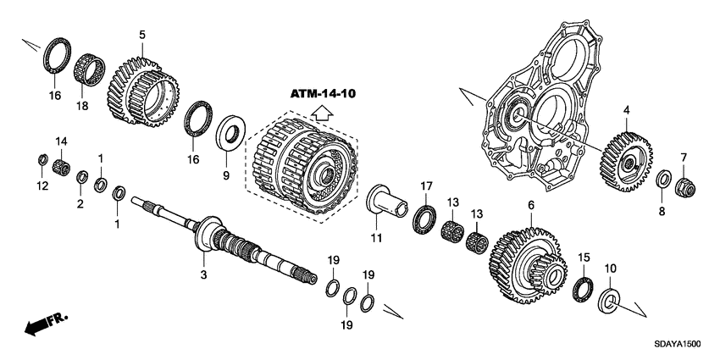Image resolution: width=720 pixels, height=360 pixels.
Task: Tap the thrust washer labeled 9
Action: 230,136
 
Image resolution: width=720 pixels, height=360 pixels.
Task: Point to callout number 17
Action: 426,185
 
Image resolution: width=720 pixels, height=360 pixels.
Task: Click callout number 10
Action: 609,269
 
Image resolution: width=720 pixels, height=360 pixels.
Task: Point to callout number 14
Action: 60,141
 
